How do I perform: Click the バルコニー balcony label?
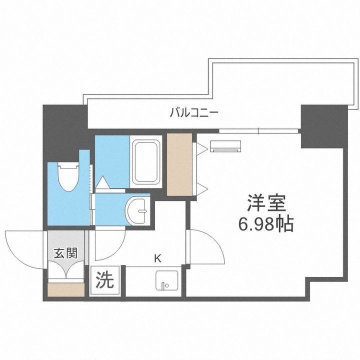[x=193, y=112]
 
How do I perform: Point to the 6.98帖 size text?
[x=265, y=223]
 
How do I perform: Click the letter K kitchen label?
[x=157, y=258]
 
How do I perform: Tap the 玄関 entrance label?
[x=65, y=253]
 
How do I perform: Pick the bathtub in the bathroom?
[x=146, y=161]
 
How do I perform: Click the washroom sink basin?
[x=137, y=210]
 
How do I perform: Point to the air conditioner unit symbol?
[x=225, y=146]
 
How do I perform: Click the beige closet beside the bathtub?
[x=179, y=164]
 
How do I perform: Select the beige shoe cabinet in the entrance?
[x=65, y=289]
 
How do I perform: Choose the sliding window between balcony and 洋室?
[x=258, y=131]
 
